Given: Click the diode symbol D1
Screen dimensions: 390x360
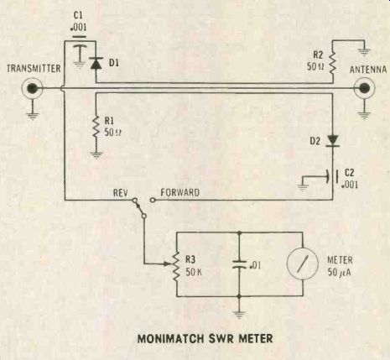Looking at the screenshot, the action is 96,63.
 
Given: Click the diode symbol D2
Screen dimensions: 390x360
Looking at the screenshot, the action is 333,141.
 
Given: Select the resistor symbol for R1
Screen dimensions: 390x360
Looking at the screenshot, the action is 96,127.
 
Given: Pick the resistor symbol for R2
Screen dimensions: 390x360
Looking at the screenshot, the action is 332,63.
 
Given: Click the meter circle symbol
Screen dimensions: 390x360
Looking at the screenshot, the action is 303,263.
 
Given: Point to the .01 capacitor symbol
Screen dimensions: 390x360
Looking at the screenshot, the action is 239,264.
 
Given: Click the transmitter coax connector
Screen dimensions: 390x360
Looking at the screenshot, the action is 33,88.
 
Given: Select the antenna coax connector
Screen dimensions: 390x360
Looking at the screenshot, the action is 364,88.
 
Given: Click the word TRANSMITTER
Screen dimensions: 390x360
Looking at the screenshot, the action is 34,69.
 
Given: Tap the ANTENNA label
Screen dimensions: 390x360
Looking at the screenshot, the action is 368,70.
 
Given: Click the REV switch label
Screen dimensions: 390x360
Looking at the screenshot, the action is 121,193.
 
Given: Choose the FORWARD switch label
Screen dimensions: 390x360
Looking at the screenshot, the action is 180,193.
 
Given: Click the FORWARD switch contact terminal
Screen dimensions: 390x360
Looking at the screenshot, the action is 153,200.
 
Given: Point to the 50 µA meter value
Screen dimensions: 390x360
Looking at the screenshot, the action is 340,273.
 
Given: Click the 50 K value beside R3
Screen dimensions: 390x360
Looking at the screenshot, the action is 194,272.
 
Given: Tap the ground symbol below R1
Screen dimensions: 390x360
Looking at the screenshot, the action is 96,155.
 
